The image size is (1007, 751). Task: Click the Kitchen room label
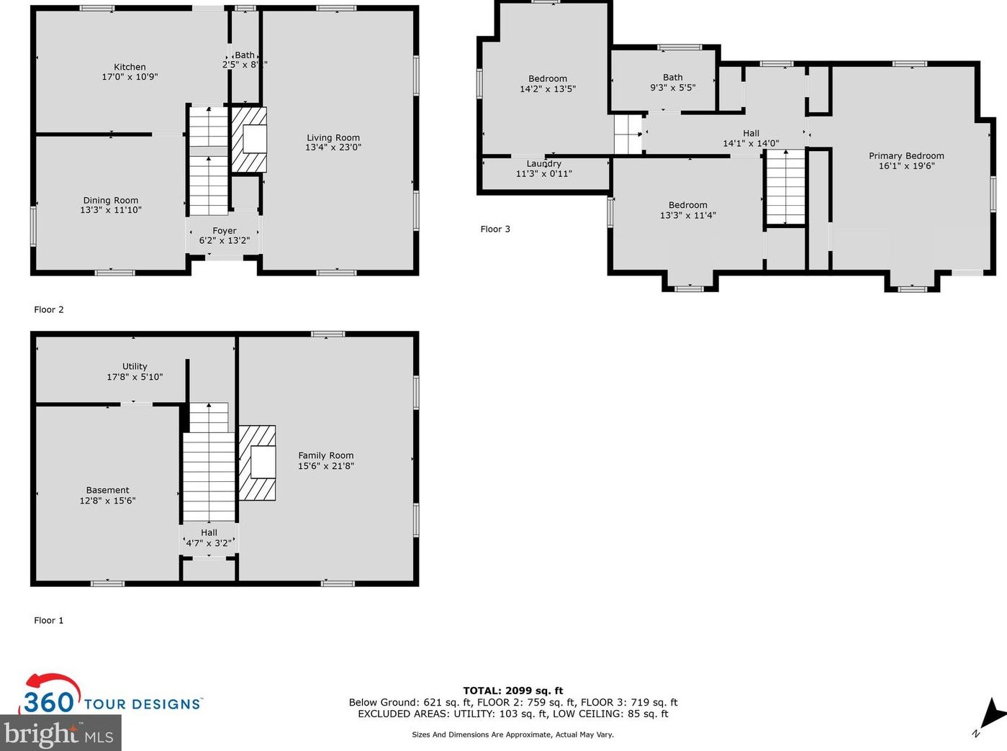[x=130, y=67]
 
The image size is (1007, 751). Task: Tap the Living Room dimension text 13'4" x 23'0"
[x=333, y=147]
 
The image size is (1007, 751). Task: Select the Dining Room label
[x=111, y=201]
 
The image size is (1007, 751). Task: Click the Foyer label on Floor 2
[x=225, y=231]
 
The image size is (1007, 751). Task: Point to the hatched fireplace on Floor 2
[x=249, y=140]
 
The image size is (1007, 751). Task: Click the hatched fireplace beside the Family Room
[x=258, y=463]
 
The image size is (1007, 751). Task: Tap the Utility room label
[x=135, y=366]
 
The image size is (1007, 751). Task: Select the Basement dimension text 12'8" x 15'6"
[x=107, y=501]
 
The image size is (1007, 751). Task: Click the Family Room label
[x=326, y=455]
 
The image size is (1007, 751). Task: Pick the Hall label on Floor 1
[x=209, y=533]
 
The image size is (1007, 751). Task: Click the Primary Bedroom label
[x=906, y=156]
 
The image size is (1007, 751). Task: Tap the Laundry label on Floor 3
[x=543, y=164]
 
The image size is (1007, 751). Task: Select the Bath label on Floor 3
[x=673, y=78]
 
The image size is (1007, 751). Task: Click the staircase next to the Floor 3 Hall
[x=785, y=187]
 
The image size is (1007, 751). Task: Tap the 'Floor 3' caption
[x=495, y=229]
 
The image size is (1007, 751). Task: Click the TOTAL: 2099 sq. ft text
[x=513, y=691]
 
